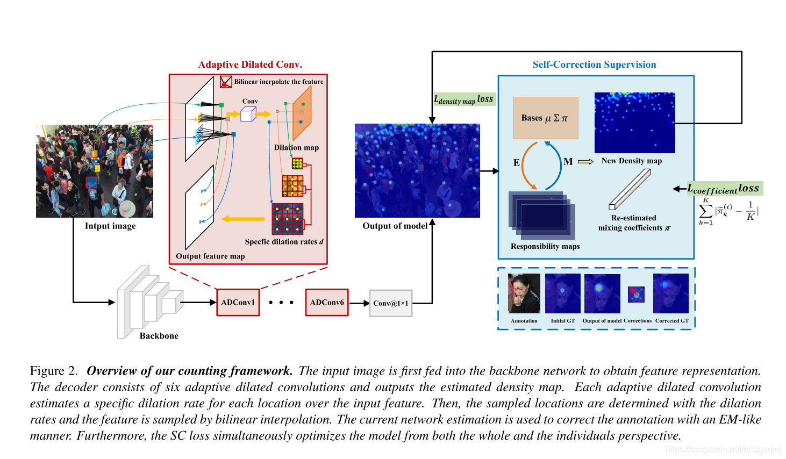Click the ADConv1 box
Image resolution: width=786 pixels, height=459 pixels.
coord(238,302)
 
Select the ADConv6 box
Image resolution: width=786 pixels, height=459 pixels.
coord(327,302)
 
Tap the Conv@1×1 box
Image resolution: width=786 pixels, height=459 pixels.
coord(391,303)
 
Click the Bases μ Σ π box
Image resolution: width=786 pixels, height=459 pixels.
coord(546,118)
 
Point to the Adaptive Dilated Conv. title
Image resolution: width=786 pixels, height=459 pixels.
coord(250,64)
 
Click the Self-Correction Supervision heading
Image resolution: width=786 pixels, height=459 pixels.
coord(594,64)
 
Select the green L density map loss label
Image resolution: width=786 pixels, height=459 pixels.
coord(464,99)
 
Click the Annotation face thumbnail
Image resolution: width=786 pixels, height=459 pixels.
coord(524,293)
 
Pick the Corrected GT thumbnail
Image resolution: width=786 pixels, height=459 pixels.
coord(670,293)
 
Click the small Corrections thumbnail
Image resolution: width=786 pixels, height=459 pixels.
coord(636,294)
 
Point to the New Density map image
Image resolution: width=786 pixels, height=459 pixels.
coord(634,123)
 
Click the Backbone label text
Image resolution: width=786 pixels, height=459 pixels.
coord(159,336)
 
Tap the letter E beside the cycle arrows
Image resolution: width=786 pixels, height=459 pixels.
coord(517,162)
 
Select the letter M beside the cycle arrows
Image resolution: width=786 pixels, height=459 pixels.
coord(568,161)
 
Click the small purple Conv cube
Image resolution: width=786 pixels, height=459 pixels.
coord(247,114)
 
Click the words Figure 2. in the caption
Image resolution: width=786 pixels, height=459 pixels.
coord(54,371)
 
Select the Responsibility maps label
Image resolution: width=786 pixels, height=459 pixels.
coord(545,246)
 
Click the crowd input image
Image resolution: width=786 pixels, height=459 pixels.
coord(95,171)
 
